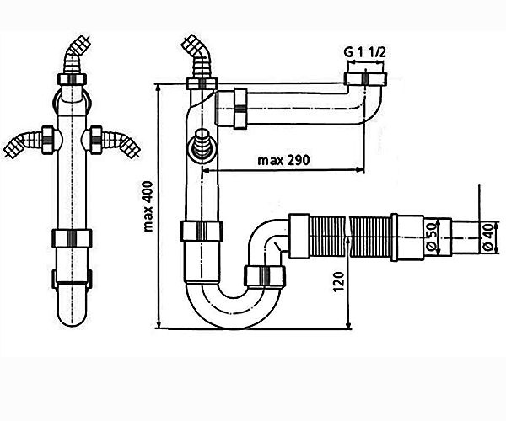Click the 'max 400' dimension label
click(x=148, y=207)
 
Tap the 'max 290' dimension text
click(x=283, y=160)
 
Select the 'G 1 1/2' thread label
click(x=364, y=53)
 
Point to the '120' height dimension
click(x=339, y=282)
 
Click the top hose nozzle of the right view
click(x=197, y=56)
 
